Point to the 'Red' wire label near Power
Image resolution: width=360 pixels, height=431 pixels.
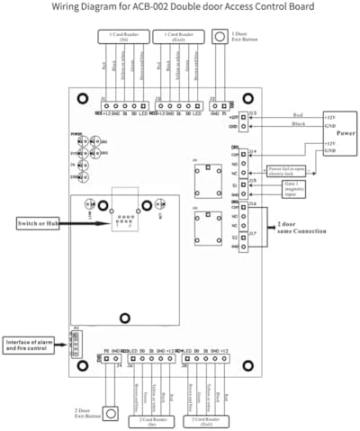click(298, 115)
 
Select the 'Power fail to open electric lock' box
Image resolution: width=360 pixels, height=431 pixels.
click(288, 169)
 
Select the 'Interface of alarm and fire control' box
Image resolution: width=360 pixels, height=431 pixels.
click(32, 345)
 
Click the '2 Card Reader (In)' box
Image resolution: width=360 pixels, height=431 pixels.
click(150, 419)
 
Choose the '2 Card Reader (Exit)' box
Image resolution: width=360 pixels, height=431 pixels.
click(205, 419)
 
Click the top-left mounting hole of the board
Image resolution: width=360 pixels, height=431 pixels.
click(82, 99)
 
